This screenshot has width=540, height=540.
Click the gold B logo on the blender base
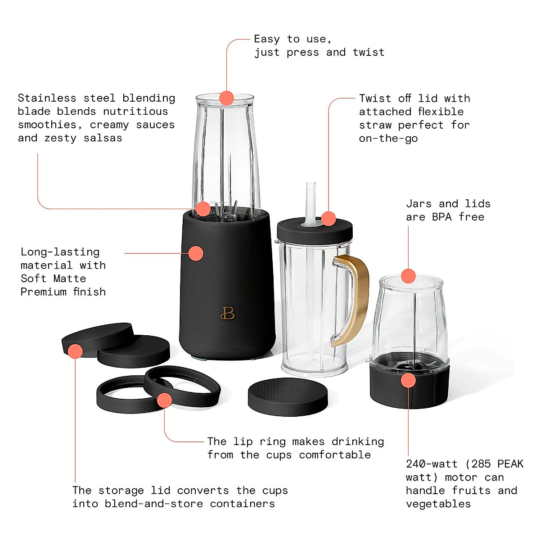[x=228, y=313]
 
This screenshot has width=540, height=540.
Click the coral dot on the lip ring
[x=165, y=400]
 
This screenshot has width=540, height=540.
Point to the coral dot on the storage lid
[x=75, y=351]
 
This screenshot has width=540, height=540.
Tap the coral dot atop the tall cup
[x=227, y=98]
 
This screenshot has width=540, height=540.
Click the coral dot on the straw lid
[x=329, y=219]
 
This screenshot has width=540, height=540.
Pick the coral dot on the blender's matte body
[x=196, y=253]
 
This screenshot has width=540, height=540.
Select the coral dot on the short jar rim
[x=408, y=276]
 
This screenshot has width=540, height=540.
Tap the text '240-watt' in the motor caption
[x=432, y=464]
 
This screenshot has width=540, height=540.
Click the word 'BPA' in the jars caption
[x=441, y=217]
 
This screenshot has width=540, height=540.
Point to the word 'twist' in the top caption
[x=369, y=53]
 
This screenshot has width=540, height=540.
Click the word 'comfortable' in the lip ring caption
[x=335, y=455]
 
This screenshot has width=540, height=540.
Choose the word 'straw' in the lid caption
[x=375, y=125]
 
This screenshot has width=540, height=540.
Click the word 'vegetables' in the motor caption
[x=438, y=504]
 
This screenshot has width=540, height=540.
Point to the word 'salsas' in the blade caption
[x=103, y=138]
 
